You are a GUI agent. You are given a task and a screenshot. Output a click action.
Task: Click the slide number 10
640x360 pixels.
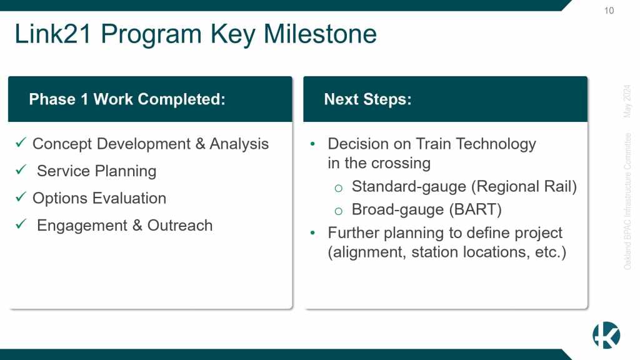609,11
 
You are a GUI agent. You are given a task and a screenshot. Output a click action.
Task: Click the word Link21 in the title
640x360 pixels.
52,34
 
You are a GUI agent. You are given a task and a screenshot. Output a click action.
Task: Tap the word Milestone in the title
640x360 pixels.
320,34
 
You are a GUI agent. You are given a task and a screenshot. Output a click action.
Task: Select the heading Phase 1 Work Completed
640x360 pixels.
127,99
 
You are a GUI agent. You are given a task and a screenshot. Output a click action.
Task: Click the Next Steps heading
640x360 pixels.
367,99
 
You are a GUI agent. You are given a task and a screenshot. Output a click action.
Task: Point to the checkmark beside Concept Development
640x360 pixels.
21,142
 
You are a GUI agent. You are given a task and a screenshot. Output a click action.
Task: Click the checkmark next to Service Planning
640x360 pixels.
21,169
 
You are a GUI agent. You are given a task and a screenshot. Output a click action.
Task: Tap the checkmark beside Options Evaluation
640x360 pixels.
21,197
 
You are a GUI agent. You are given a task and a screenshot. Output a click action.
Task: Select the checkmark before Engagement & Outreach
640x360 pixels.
21,224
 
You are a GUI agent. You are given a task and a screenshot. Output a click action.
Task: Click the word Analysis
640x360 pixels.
239,144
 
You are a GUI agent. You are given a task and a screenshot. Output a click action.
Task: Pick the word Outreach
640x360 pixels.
180,225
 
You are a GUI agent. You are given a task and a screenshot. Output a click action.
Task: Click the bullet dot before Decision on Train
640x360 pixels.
312,144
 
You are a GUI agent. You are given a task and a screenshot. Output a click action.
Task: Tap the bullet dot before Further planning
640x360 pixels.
312,232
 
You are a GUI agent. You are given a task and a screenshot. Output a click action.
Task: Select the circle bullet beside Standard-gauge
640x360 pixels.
338,188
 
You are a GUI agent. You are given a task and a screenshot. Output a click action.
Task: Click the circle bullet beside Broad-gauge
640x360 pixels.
338,211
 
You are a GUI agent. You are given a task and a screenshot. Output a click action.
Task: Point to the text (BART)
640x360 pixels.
476,210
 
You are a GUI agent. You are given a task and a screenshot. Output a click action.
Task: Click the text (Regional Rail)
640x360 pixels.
524,186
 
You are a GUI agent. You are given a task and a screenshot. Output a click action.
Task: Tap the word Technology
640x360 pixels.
496,144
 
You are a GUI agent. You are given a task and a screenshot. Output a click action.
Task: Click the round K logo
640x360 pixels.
606,335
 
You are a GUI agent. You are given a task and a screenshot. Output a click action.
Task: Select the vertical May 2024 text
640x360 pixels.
627,101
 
